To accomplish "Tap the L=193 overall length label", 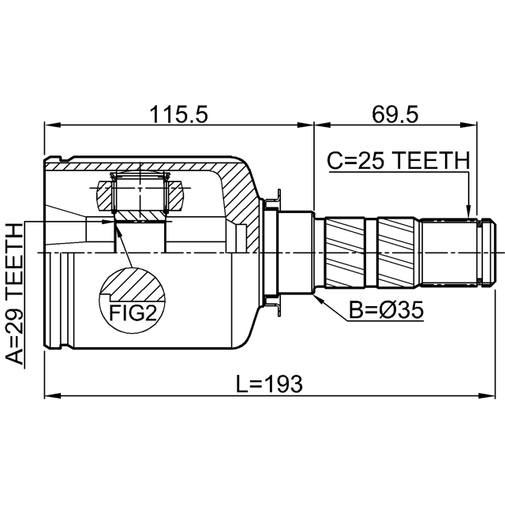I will pyautogui.click(x=270, y=384).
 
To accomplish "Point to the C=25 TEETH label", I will pyautogui.click(x=398, y=162).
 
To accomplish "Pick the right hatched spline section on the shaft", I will pyautogui.click(x=398, y=252).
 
